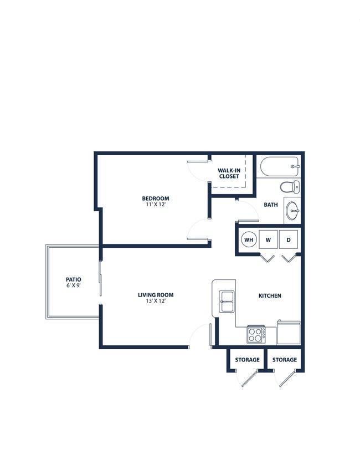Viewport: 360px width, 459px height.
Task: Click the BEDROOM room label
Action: pos(156,198)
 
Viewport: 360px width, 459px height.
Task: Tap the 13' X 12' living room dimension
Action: pos(156,301)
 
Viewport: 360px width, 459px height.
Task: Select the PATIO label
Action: pos(74,279)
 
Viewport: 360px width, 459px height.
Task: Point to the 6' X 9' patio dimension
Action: pos(74,285)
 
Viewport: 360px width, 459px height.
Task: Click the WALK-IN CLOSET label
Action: pos(229,174)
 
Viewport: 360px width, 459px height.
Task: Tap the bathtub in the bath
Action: pos(279,166)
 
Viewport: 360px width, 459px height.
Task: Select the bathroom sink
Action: pos(292,211)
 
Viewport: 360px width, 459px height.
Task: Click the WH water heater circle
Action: pos(249,239)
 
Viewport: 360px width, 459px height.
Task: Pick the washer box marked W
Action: pos(268,239)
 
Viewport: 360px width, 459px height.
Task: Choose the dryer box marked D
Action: pos(289,239)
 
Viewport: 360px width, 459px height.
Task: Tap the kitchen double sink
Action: pos(227,302)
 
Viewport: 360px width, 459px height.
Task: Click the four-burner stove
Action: pos(256,335)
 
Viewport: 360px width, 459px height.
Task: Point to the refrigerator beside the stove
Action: pos(289,333)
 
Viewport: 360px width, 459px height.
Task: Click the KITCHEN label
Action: pos(270,295)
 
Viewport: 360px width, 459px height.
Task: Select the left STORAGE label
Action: pos(247,359)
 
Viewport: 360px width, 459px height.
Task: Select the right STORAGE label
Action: pos(285,359)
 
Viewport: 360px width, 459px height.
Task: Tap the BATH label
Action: pos(271,205)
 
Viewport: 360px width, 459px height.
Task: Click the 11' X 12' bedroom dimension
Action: pos(156,205)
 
